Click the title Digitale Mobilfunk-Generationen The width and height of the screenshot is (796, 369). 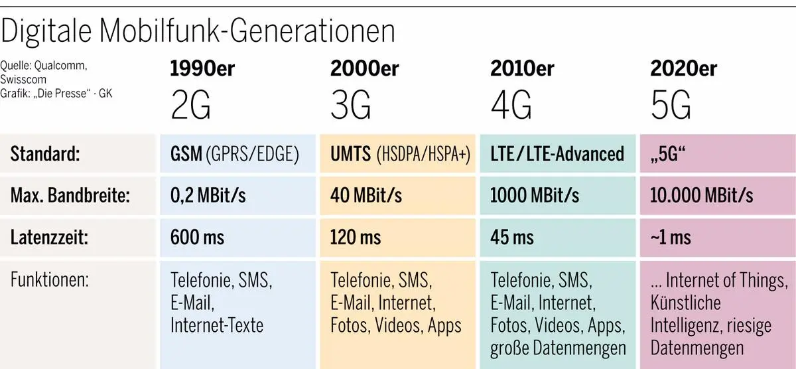199,31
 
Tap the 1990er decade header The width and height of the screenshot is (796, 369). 202,68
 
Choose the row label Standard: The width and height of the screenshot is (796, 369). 45,155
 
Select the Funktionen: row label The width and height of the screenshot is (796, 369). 50,280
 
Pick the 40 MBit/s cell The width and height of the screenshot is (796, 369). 366,196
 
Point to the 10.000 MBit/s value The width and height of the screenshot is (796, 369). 702,196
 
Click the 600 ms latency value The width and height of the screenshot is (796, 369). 198,237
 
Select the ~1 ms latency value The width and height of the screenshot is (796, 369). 671,237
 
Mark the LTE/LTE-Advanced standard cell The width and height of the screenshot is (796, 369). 557,155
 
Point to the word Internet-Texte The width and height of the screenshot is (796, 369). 217,325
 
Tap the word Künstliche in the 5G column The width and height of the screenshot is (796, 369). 685,303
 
